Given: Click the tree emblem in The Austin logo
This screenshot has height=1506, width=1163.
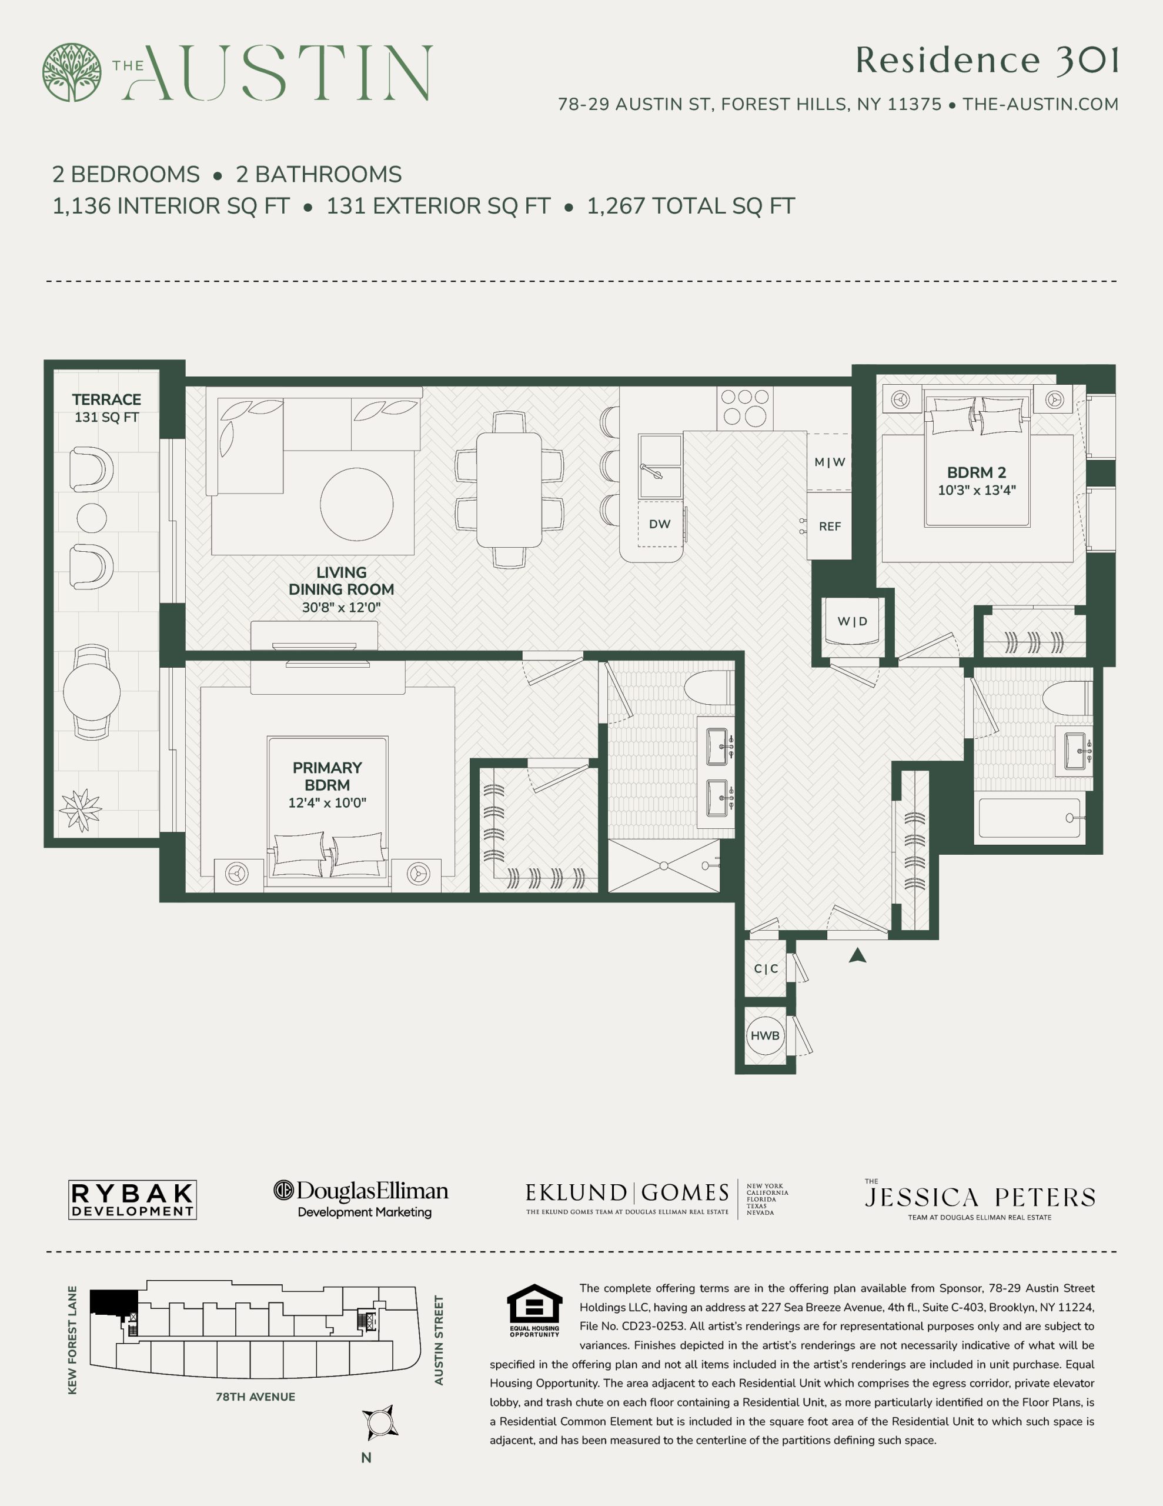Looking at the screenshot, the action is point(72,72).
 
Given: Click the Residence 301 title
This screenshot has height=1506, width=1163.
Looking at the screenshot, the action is point(987,61).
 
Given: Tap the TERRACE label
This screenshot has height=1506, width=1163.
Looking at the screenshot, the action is point(106,400).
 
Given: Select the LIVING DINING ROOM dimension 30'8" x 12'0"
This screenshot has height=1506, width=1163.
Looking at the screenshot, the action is point(341,608).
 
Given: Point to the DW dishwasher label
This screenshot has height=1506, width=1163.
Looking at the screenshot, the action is point(660,524).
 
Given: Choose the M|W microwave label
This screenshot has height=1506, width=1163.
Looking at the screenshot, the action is point(830,462).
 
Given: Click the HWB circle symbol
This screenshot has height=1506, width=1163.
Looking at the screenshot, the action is point(765,1036).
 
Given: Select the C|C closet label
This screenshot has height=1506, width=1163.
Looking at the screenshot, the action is point(766,969).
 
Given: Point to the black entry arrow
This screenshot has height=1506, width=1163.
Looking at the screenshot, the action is point(857,955).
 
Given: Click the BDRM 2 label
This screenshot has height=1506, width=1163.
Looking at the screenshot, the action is point(976,472).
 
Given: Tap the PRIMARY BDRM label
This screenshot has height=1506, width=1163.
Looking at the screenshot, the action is point(327,777).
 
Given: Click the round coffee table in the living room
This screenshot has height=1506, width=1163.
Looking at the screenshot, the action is point(356,504).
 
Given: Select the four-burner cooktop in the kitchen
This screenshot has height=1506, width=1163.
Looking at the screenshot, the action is point(745,408).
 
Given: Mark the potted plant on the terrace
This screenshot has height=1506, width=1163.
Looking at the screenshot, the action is point(81,809).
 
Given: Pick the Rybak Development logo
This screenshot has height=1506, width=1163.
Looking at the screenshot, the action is point(132,1200).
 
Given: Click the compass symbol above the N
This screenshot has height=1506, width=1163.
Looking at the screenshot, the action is point(379,1422).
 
